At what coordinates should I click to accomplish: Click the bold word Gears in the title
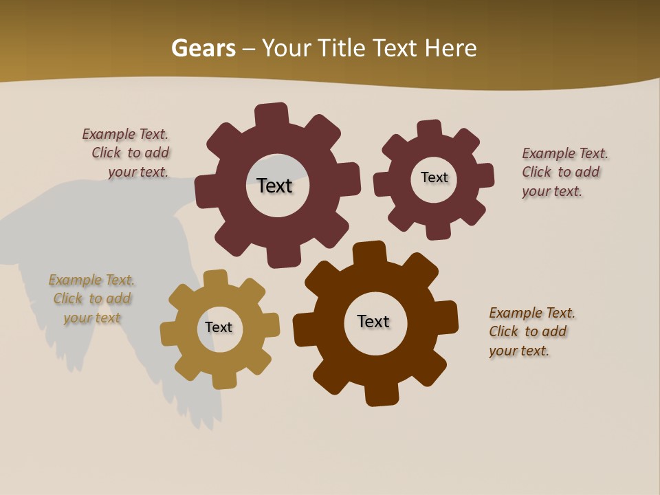coord(203,48)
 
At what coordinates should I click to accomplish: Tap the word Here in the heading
coord(450,48)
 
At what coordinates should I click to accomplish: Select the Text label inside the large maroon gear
coord(274,186)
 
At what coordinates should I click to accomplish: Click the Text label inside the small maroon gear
coord(434,177)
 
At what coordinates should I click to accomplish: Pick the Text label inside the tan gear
coord(219,327)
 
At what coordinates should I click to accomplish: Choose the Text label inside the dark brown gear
coord(373,321)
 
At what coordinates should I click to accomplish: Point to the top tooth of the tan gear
coord(216,278)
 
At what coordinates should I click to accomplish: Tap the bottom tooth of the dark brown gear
coord(381,395)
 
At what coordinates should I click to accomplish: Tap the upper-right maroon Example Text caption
coord(564,172)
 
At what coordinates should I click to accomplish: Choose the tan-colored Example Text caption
coord(91,299)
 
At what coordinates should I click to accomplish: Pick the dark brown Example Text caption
coord(531,331)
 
